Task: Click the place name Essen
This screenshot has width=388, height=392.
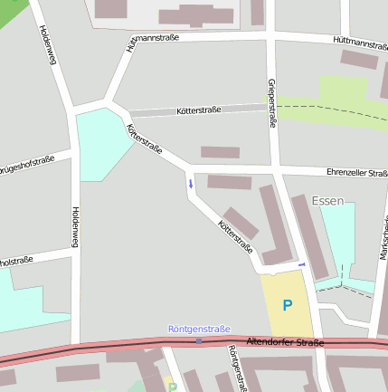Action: tap(327, 200)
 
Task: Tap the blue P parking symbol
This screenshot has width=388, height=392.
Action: tap(288, 306)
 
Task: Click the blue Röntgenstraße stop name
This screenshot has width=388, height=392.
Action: tap(199, 329)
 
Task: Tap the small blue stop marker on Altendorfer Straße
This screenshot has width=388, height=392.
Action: tap(199, 340)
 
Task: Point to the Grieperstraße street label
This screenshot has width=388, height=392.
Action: tap(271, 102)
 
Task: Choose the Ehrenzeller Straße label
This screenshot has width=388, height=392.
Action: tap(356, 172)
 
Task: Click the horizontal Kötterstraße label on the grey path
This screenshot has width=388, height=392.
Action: tap(199, 110)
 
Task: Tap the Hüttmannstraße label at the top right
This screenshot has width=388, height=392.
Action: tap(359, 42)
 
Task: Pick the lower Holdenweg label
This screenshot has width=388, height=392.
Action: tap(74, 227)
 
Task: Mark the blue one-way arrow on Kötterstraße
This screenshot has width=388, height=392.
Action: tap(190, 184)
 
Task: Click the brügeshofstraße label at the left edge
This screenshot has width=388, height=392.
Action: tap(27, 165)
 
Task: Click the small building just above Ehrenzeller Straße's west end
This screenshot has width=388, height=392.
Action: tap(220, 152)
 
